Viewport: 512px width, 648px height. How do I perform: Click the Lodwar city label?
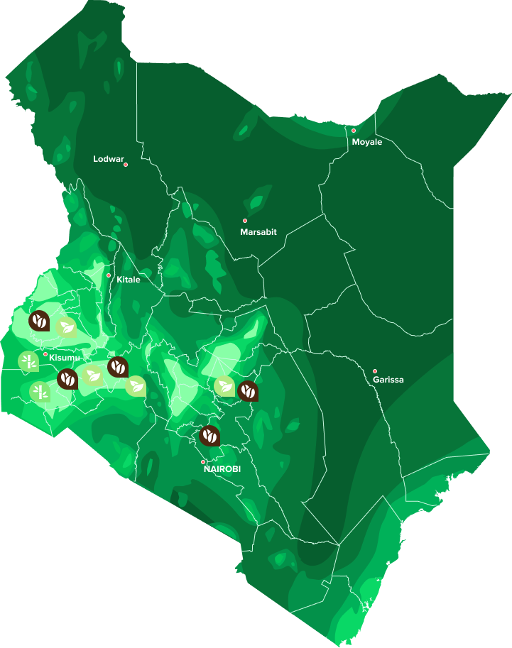point(108,159)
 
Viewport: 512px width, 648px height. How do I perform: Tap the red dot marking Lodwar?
point(126,165)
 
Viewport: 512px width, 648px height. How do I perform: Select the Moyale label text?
point(367,142)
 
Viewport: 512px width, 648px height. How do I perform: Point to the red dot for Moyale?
point(354,131)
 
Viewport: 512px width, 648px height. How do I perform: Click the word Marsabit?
point(258,232)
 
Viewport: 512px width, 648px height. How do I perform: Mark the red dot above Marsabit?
point(245,221)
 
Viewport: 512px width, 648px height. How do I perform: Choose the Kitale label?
point(129,280)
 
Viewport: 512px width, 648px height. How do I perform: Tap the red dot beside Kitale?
point(109,275)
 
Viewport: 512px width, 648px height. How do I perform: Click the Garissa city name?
point(388,380)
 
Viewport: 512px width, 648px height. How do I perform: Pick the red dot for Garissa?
point(375,370)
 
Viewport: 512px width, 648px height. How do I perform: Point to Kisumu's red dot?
point(45,354)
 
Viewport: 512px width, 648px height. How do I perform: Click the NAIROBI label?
point(222,469)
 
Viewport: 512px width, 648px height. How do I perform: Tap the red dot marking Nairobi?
point(203,461)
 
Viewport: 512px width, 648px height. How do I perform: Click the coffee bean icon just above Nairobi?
point(210,435)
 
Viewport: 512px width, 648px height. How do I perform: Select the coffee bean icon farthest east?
point(248,390)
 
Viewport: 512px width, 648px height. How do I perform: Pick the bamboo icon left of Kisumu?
point(28,361)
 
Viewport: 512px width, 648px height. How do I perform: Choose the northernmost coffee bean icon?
point(39,321)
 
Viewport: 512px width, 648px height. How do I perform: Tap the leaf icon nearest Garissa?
point(225,386)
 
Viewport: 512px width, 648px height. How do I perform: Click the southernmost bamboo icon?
point(40,390)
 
